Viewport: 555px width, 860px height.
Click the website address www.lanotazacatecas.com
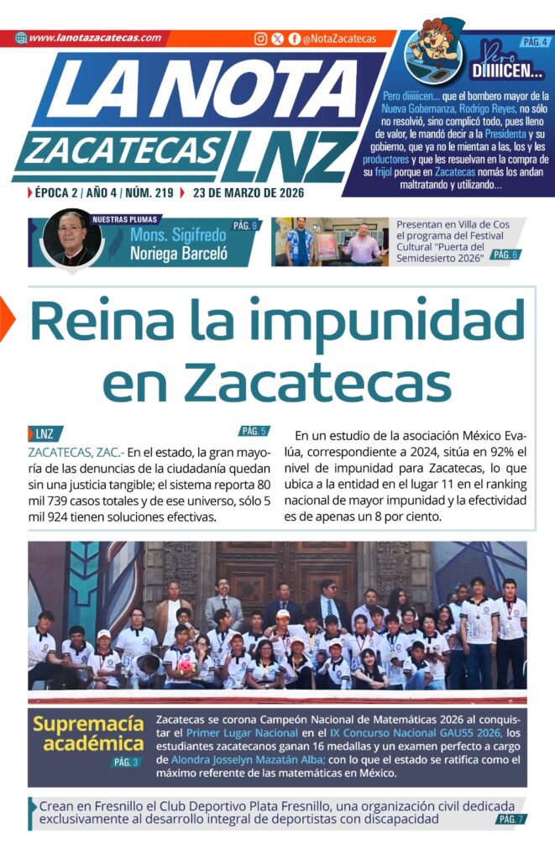coord(94,38)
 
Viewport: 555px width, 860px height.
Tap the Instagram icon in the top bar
coord(261,39)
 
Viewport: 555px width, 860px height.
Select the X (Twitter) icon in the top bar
coord(278,39)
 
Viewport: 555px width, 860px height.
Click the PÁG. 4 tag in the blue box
coord(535,41)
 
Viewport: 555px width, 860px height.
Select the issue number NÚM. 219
coord(149,192)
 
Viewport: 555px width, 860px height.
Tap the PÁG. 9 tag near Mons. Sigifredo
coord(244,226)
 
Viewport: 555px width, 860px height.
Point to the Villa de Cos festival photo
coord(331,242)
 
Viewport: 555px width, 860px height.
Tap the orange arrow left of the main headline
coord(7,319)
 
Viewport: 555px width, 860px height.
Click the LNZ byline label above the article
coord(45,434)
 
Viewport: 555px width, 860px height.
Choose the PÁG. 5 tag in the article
coord(253,432)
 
